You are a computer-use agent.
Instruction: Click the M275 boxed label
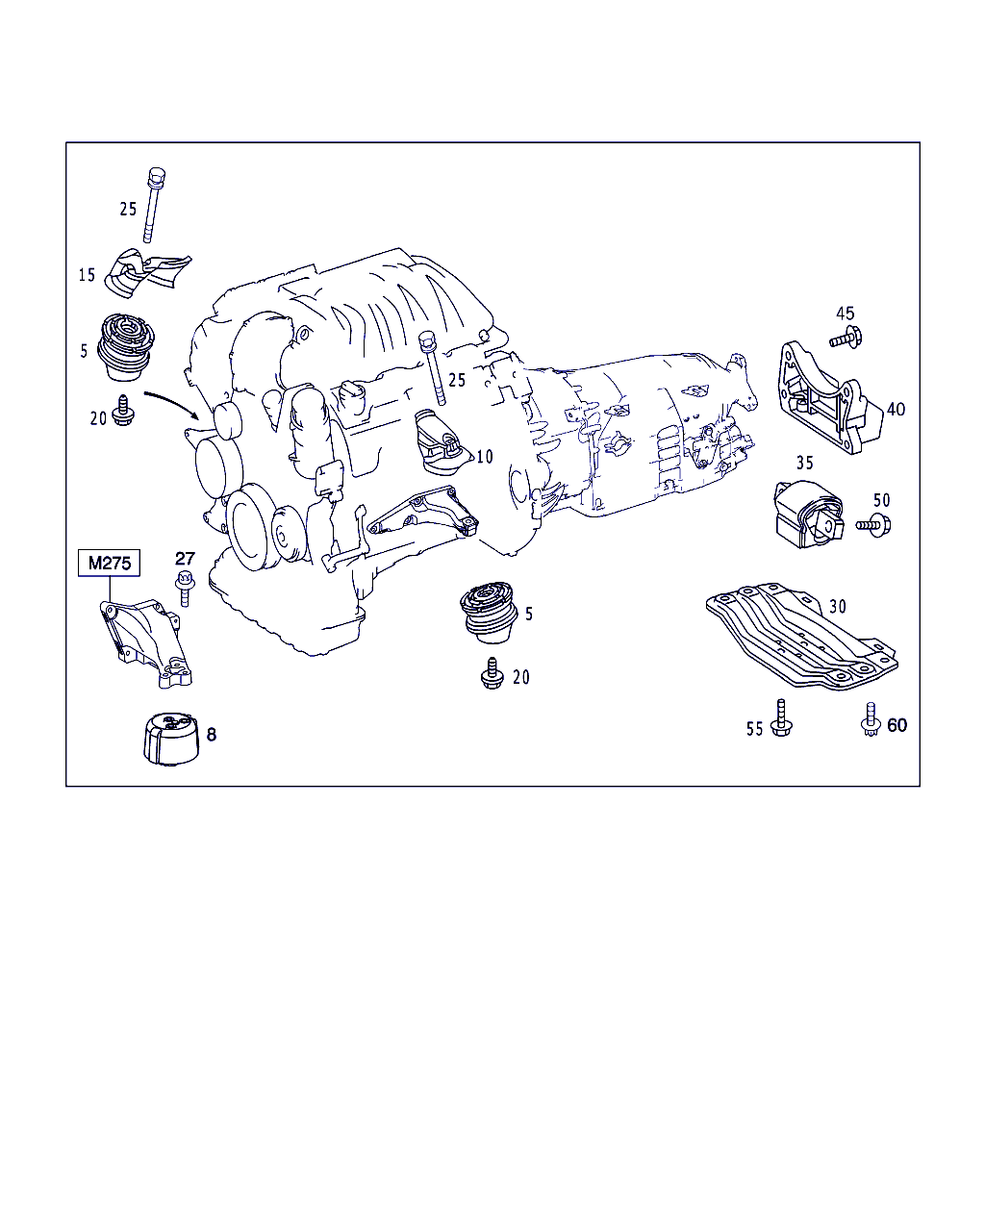point(109,563)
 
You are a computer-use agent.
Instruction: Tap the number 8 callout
point(212,735)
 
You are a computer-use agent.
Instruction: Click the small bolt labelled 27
point(184,588)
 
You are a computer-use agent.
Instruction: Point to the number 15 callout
point(87,275)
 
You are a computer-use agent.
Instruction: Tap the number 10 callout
point(484,457)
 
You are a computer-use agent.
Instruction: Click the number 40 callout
point(896,409)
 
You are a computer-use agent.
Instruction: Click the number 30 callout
point(838,606)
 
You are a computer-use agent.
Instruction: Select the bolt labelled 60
point(871,720)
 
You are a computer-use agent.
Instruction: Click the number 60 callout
point(897,724)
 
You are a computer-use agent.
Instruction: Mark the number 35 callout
point(804,462)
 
